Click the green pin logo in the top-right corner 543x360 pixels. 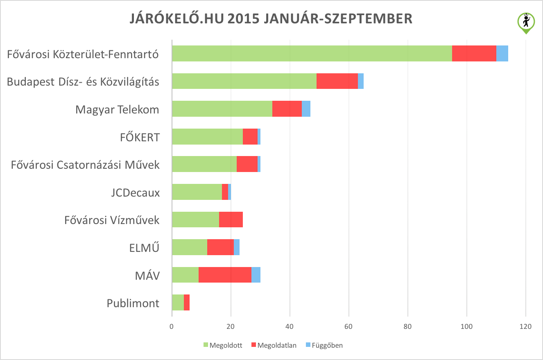pos(526,22)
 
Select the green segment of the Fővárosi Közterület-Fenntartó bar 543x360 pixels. pos(312,54)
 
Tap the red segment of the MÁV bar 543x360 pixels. pos(225,274)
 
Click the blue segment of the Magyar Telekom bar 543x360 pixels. pos(306,109)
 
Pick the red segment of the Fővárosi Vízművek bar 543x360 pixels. pos(231,219)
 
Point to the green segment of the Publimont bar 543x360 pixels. pos(178,302)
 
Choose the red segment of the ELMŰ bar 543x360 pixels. pos(220,247)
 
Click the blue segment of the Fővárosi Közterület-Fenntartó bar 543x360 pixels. pos(502,54)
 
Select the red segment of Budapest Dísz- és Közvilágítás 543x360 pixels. pos(337,81)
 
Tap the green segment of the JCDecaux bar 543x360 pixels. pos(197,192)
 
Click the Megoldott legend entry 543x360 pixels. pos(223,345)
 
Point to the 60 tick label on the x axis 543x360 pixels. pos(348,327)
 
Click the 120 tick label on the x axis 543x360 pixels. pos(525,327)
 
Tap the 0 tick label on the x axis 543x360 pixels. pos(172,327)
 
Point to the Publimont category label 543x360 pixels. pos(133,303)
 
